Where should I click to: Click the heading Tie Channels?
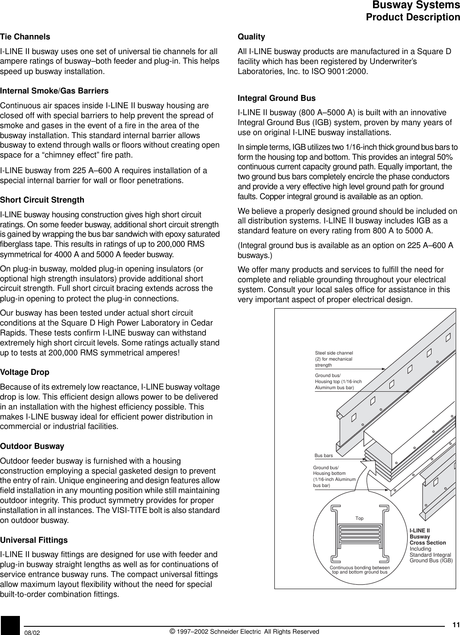(x=25, y=37)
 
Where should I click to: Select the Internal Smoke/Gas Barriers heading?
(x=54, y=91)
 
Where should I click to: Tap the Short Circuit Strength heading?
(x=42, y=200)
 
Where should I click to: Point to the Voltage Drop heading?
(x=25, y=372)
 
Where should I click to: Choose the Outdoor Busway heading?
(x=32, y=446)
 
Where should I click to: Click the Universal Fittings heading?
(x=34, y=540)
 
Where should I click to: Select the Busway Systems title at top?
(x=416, y=6)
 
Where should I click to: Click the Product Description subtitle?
(x=412, y=18)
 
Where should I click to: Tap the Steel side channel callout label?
(x=334, y=359)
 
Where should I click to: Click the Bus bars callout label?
(x=323, y=456)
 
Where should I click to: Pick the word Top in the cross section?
(x=359, y=518)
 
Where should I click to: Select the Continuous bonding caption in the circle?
(x=359, y=570)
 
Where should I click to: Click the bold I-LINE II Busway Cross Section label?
(x=428, y=537)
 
